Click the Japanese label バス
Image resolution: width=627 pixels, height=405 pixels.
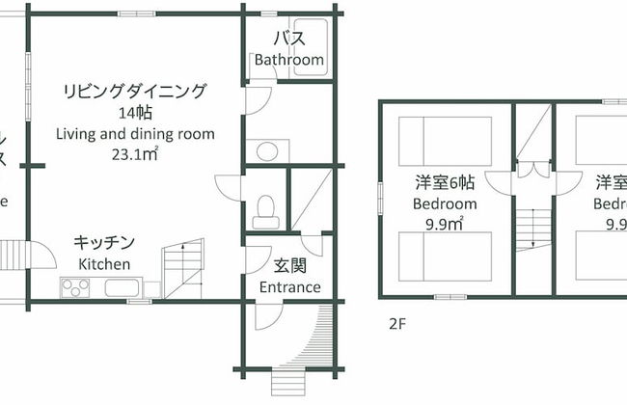[288, 40]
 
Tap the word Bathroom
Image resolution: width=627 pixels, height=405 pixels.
[288, 60]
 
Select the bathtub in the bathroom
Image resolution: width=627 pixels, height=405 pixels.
[310, 41]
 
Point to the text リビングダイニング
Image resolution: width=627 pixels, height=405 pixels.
[135, 92]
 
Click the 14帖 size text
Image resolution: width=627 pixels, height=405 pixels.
[135, 113]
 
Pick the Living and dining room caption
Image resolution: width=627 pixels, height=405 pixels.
[135, 133]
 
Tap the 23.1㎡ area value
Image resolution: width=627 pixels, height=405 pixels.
[135, 153]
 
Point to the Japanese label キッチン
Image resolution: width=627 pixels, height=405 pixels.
[105, 243]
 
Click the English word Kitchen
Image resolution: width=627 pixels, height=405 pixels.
[105, 263]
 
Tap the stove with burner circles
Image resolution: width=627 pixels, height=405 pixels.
[77, 286]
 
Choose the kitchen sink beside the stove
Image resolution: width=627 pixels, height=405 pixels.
[121, 286]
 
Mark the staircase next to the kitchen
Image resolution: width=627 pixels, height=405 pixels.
[183, 270]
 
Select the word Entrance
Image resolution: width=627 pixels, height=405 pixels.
[290, 287]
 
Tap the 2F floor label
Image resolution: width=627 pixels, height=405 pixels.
[396, 323]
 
